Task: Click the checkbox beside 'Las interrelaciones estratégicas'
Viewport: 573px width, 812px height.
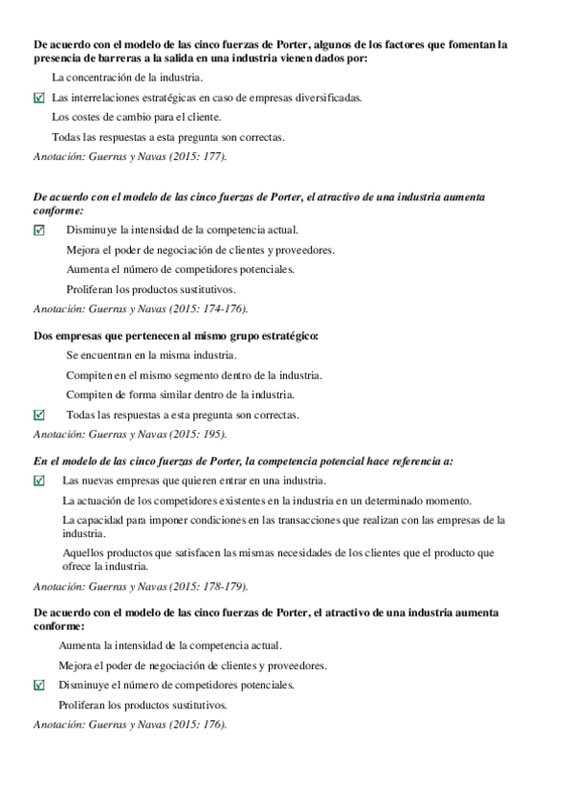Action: click(38, 98)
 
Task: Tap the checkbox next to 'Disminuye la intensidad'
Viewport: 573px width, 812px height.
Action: click(38, 230)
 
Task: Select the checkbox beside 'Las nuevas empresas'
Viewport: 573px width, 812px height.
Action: click(38, 481)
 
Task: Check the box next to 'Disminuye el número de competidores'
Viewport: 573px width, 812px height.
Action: click(38, 685)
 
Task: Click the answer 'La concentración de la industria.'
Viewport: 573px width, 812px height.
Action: click(126, 78)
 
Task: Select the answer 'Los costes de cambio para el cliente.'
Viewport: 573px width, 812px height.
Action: click(136, 117)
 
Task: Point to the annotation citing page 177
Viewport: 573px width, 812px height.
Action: click(130, 157)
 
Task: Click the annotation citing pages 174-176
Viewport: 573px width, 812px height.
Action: click(140, 308)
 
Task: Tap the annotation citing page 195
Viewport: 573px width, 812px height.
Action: click(130, 434)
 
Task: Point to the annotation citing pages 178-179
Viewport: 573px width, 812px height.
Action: click(140, 586)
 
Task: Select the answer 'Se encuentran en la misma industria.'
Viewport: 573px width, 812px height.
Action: click(151, 355)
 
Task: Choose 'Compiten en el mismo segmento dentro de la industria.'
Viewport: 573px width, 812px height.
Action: click(194, 374)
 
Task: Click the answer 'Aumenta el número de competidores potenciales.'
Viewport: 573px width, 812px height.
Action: click(180, 269)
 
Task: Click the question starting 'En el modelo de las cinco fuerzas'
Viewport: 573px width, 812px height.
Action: click(243, 461)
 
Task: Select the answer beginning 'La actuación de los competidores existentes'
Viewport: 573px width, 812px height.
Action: click(267, 501)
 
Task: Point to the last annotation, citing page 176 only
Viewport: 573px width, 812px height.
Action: click(130, 725)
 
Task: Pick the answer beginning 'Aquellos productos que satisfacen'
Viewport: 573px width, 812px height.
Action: click(277, 558)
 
